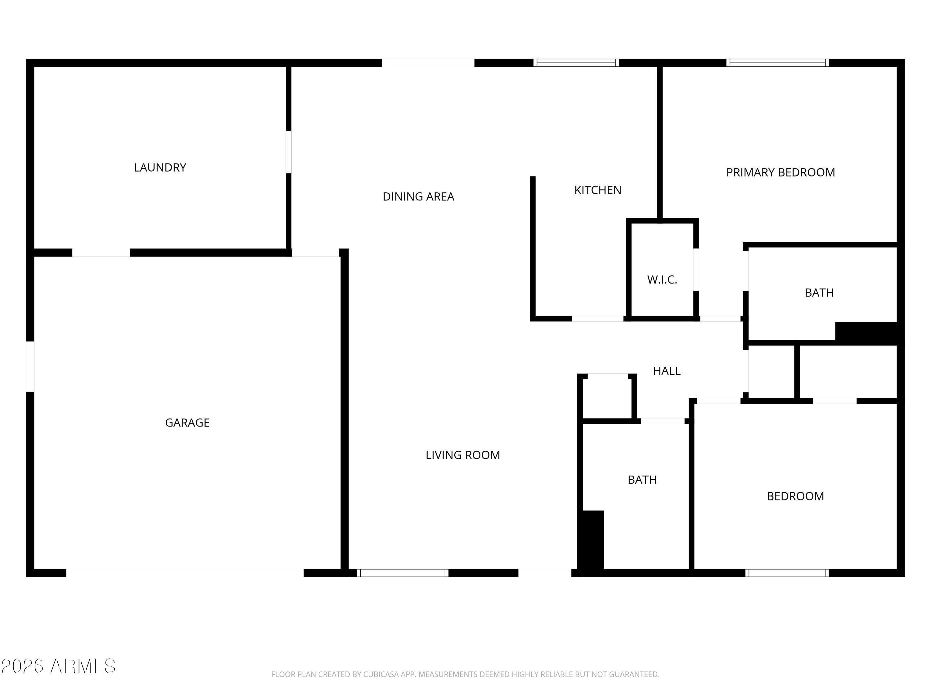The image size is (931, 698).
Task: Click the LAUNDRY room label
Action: point(160,168)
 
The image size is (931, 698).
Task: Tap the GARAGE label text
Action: point(187,423)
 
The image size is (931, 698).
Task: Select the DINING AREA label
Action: point(418,196)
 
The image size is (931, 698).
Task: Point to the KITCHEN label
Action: point(598,190)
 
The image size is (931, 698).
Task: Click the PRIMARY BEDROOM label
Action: point(780,172)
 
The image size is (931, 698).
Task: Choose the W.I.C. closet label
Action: point(662,280)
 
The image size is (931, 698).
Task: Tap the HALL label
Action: point(667,371)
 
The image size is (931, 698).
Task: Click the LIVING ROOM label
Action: point(463,455)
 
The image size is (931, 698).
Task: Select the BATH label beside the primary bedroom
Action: point(819,293)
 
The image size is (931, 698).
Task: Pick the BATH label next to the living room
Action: point(642,480)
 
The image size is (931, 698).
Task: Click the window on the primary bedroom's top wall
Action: point(777,63)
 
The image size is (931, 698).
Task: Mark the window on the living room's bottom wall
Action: point(403,573)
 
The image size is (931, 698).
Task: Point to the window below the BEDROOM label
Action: point(787,573)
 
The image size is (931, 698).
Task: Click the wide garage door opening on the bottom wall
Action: point(185,573)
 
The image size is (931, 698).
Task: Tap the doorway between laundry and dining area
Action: point(288,152)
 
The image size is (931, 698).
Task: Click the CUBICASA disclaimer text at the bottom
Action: point(465,674)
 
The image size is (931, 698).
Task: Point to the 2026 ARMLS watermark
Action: point(59,666)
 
